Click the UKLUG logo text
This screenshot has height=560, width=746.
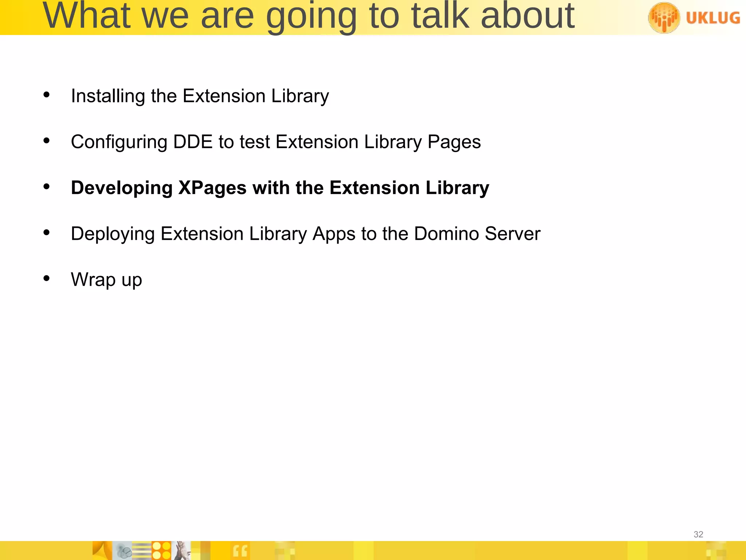point(713,17)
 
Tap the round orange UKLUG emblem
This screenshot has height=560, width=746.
point(664,17)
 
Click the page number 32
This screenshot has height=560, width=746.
point(698,534)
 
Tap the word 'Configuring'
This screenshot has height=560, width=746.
point(119,142)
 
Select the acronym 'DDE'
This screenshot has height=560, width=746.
point(193,142)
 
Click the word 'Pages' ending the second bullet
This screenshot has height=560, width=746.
point(454,142)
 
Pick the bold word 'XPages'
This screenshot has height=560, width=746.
point(212,188)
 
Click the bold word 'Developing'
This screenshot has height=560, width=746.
point(122,188)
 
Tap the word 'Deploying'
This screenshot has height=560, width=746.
point(113,234)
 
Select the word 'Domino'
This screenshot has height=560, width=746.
point(446,234)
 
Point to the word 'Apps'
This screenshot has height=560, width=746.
point(334,234)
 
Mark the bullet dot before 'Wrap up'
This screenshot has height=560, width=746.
point(46,279)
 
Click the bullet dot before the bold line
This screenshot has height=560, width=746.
point(46,187)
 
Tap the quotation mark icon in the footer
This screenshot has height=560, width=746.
point(240,551)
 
